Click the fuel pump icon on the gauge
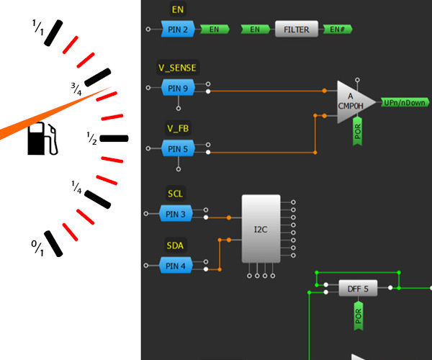pyautogui.click(x=41, y=139)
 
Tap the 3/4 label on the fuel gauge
pyautogui.click(x=76, y=89)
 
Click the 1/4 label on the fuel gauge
pyautogui.click(x=76, y=186)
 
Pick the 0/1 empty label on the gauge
pyautogui.click(x=37, y=249)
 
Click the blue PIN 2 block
pyautogui.click(x=177, y=30)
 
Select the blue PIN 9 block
pyautogui.click(x=177, y=88)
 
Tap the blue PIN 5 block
pyautogui.click(x=177, y=149)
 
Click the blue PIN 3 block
pyautogui.click(x=177, y=214)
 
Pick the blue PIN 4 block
pyautogui.click(x=177, y=266)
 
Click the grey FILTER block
pyautogui.click(x=296, y=30)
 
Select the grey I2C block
pyautogui.click(x=261, y=229)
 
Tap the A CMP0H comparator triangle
pyautogui.click(x=354, y=102)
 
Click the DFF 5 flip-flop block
pyautogui.click(x=358, y=289)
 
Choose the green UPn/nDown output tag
pyautogui.click(x=405, y=103)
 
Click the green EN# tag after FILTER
pyautogui.click(x=337, y=30)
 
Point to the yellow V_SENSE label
pyautogui.click(x=177, y=68)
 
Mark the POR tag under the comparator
pyautogui.click(x=358, y=132)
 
